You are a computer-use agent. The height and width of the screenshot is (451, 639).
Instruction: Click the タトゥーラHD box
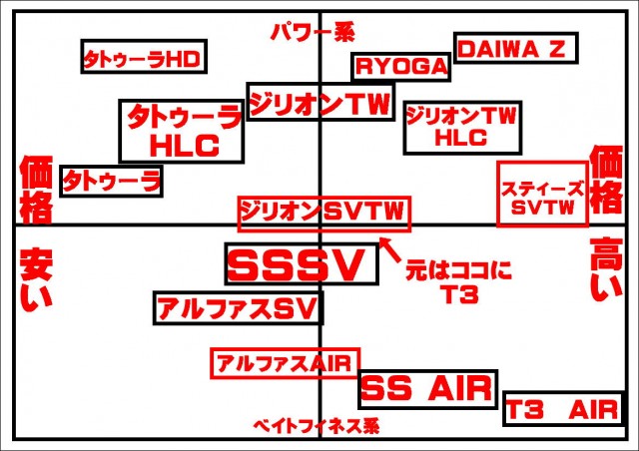pyautogui.click(x=142, y=58)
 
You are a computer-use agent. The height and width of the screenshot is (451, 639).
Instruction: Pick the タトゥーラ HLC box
pyautogui.click(x=182, y=131)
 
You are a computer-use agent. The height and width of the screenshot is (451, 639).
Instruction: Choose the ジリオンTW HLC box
pyautogui.click(x=461, y=128)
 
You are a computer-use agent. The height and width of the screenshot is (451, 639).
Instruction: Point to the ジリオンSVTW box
pyautogui.click(x=323, y=212)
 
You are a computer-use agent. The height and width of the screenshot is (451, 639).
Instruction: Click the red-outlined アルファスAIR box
pyautogui.click(x=286, y=362)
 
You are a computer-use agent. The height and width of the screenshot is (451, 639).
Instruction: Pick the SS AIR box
pyautogui.click(x=427, y=388)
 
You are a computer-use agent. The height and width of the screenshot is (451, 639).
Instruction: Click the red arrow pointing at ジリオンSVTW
pyautogui.click(x=390, y=244)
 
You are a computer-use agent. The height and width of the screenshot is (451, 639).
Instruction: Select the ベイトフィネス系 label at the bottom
pyautogui.click(x=316, y=425)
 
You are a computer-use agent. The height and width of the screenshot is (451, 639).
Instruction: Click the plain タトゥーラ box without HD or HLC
pyautogui.click(x=112, y=181)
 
